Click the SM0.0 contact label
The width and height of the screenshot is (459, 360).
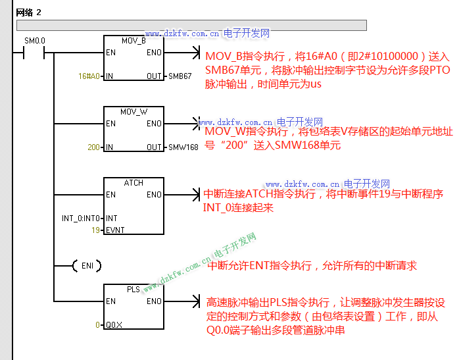tap(34, 41)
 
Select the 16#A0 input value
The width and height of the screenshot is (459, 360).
tap(89, 76)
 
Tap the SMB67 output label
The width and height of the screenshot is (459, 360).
tap(180, 76)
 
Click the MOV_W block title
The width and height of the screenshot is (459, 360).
tap(133, 112)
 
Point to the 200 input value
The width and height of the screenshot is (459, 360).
tap(93, 147)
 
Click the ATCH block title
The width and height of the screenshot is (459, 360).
tap(133, 183)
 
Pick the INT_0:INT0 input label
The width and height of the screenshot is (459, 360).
tap(80, 219)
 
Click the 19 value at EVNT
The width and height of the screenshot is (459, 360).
tap(96, 230)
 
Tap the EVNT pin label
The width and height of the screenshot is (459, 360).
tap(114, 230)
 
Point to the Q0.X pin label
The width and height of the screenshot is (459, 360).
tap(114, 324)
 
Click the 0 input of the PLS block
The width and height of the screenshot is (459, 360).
tap(97, 324)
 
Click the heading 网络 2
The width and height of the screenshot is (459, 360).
tap(29, 13)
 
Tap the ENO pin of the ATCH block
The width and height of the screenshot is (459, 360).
tap(154, 195)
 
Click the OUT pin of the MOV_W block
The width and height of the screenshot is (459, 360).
tap(154, 147)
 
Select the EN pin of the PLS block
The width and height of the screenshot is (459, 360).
tap(110, 301)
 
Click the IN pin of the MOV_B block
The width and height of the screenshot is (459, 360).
tap(109, 76)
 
